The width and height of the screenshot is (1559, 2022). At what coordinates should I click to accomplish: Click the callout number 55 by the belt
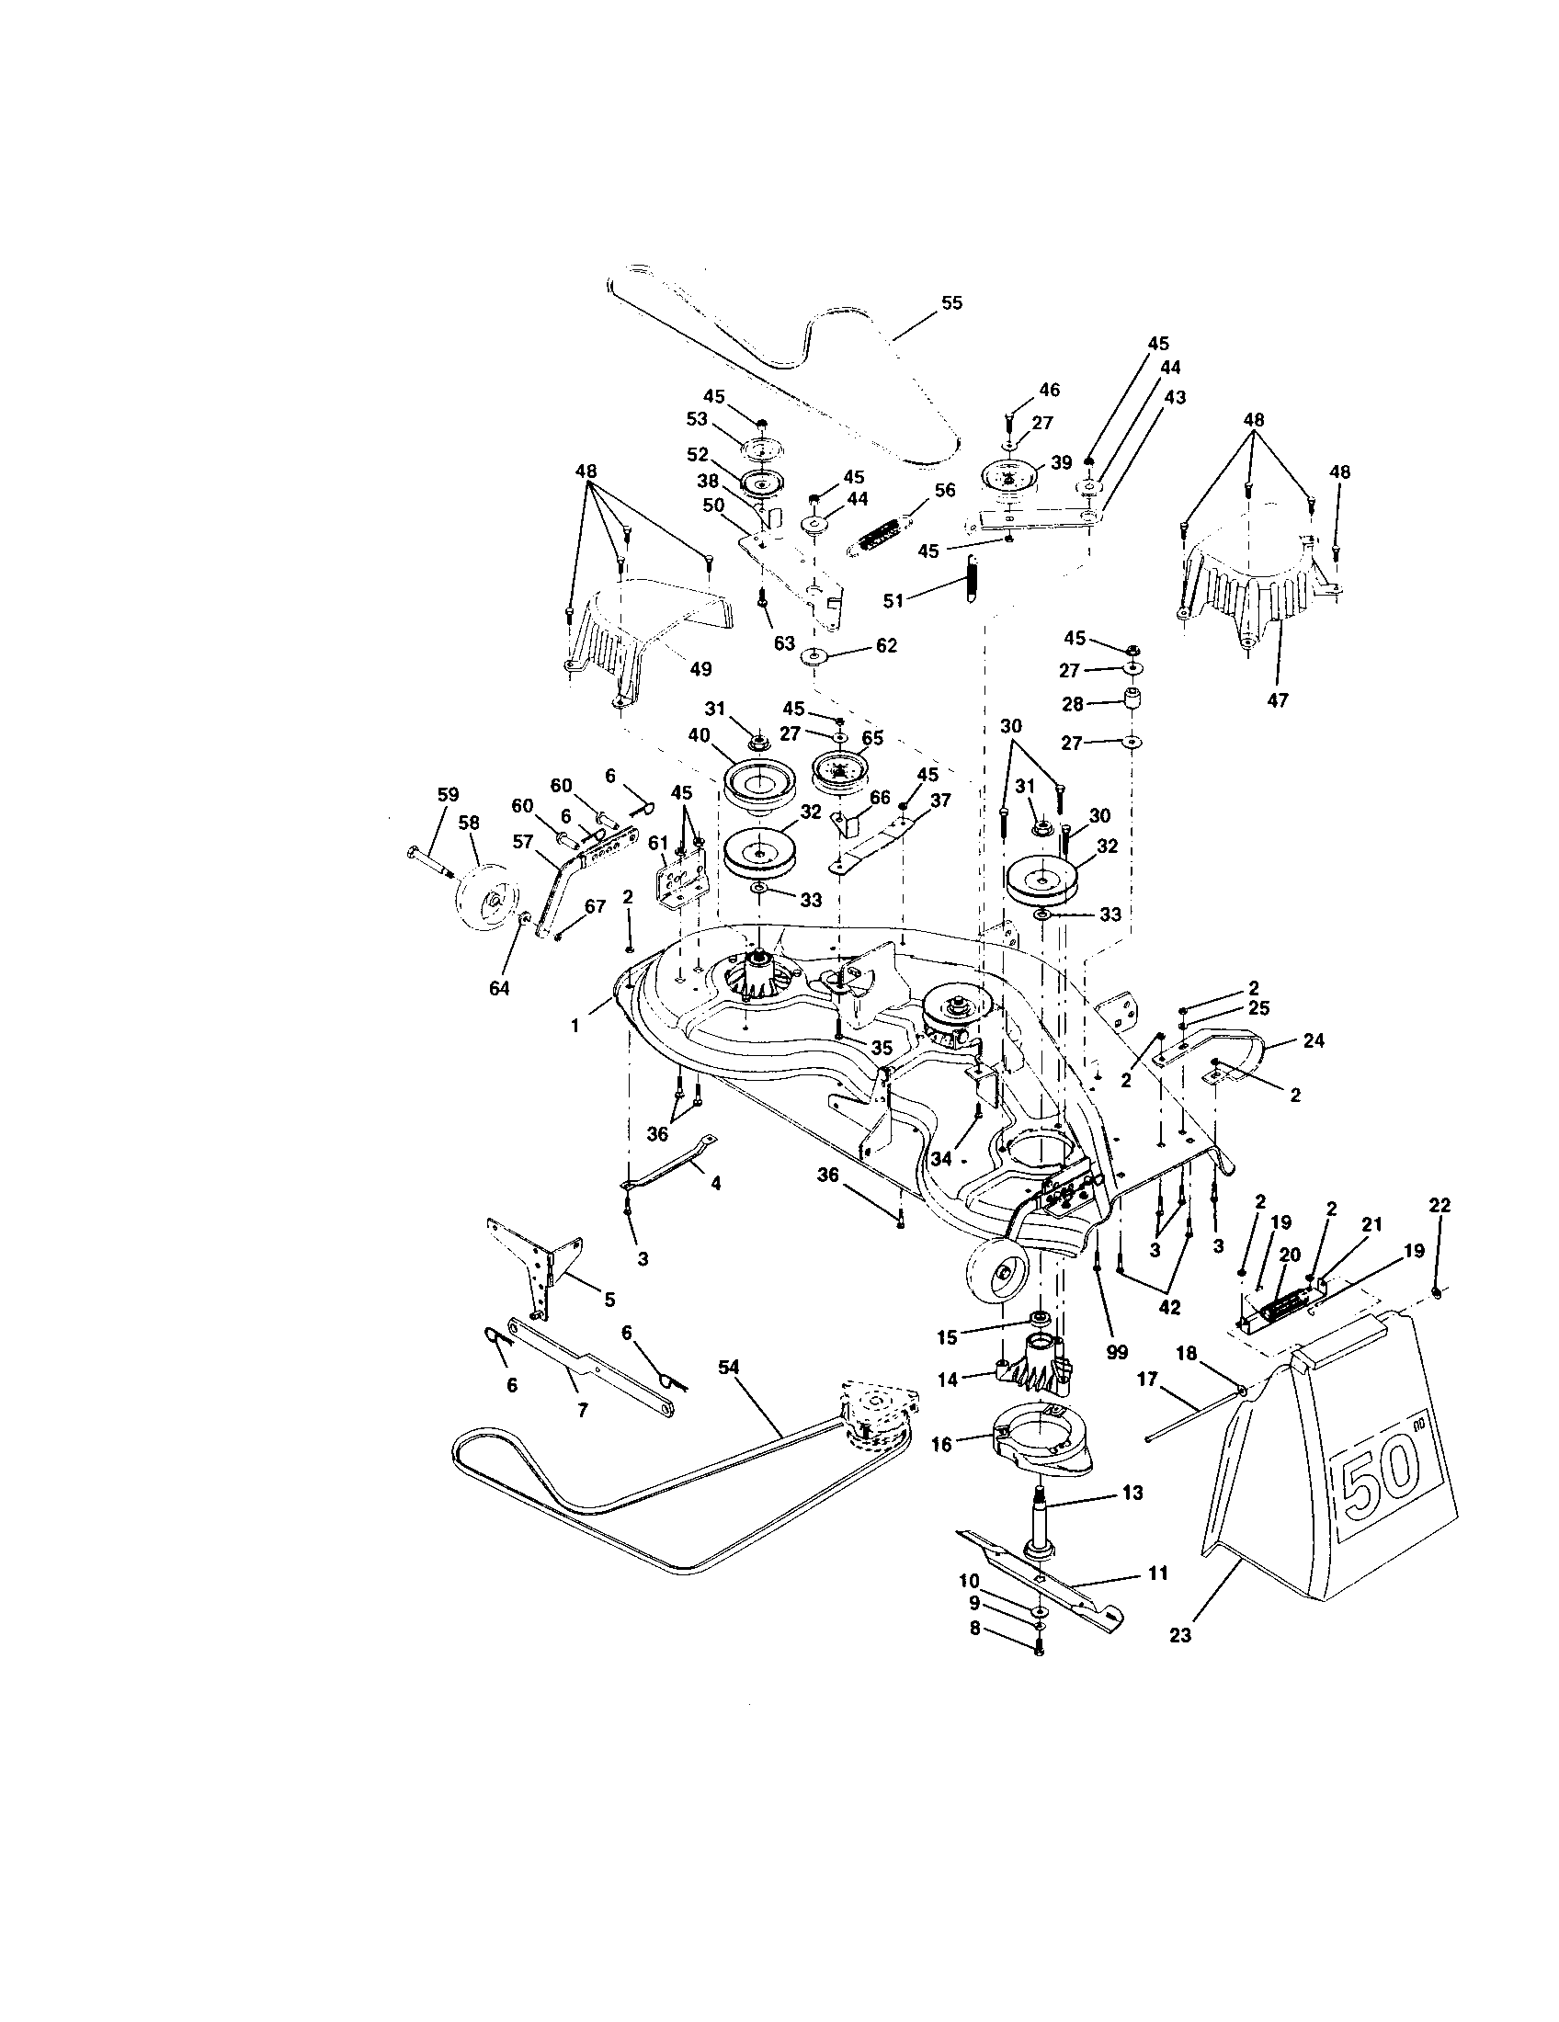[x=950, y=302]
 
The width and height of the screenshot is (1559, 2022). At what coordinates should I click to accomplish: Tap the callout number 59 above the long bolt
[x=447, y=794]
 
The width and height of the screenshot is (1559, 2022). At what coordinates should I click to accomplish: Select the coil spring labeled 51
[x=969, y=584]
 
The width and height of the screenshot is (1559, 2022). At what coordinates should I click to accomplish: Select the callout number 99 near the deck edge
[x=1117, y=1352]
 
